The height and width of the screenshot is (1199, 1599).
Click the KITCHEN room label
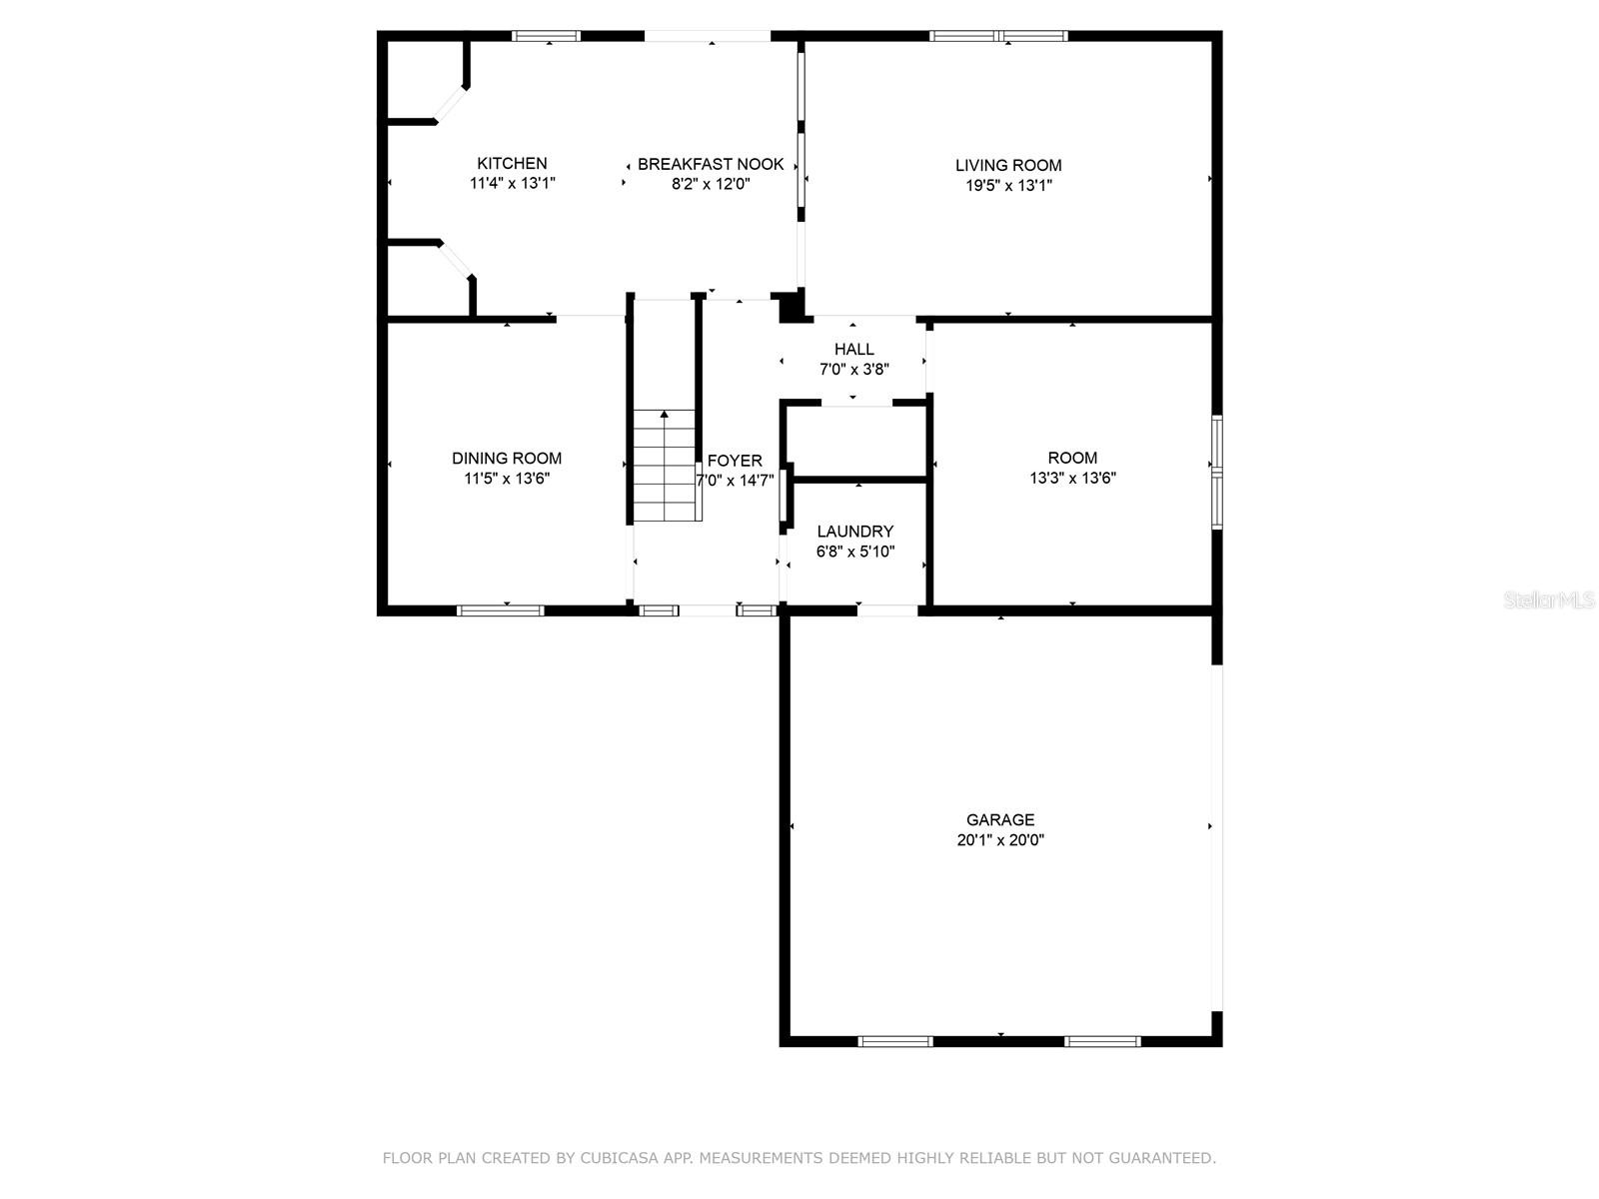coord(512,163)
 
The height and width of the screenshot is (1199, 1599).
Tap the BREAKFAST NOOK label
coord(711,164)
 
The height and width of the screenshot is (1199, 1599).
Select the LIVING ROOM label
coord(1008,165)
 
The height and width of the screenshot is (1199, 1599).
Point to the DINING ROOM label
coord(507,458)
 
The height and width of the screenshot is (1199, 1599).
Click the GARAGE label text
coord(1000,819)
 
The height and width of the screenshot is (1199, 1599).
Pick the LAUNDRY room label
coord(854,532)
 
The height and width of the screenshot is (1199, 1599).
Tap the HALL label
coord(853,350)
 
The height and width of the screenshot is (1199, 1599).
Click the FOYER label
coord(735,461)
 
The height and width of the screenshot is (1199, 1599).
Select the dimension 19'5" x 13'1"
coord(1008,186)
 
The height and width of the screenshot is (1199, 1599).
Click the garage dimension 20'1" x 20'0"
coord(1000,840)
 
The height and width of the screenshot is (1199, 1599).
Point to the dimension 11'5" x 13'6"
coord(507,479)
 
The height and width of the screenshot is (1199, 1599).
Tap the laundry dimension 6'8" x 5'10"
coord(854,552)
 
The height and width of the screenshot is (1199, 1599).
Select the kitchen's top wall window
coord(546,36)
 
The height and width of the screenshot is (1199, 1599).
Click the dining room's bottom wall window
coord(501,610)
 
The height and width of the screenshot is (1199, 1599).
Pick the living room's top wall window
coord(998,36)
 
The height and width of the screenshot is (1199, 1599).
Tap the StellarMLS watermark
coord(1548,600)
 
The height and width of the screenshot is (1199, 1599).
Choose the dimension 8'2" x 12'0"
coord(711,184)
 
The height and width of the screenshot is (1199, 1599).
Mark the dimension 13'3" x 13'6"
coord(1072,479)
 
